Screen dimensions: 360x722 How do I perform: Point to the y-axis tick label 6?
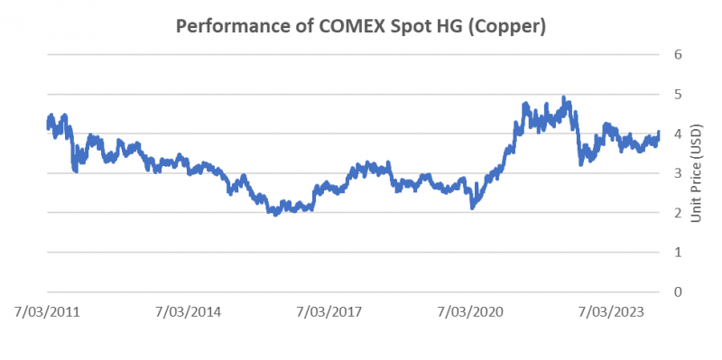click(677, 55)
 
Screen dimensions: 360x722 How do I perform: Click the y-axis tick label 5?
click(677, 95)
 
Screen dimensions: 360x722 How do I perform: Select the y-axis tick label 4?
click(677, 134)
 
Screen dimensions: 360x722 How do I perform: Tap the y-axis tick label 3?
click(677, 173)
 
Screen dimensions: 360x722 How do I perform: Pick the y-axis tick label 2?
click(677, 213)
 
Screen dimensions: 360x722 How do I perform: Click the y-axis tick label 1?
click(677, 253)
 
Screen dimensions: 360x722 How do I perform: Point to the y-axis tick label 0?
click(677, 291)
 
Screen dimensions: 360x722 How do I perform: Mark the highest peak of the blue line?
click(564, 97)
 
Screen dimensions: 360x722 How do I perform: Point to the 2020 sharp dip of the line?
click(472, 208)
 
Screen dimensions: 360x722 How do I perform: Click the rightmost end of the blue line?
click(659, 133)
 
